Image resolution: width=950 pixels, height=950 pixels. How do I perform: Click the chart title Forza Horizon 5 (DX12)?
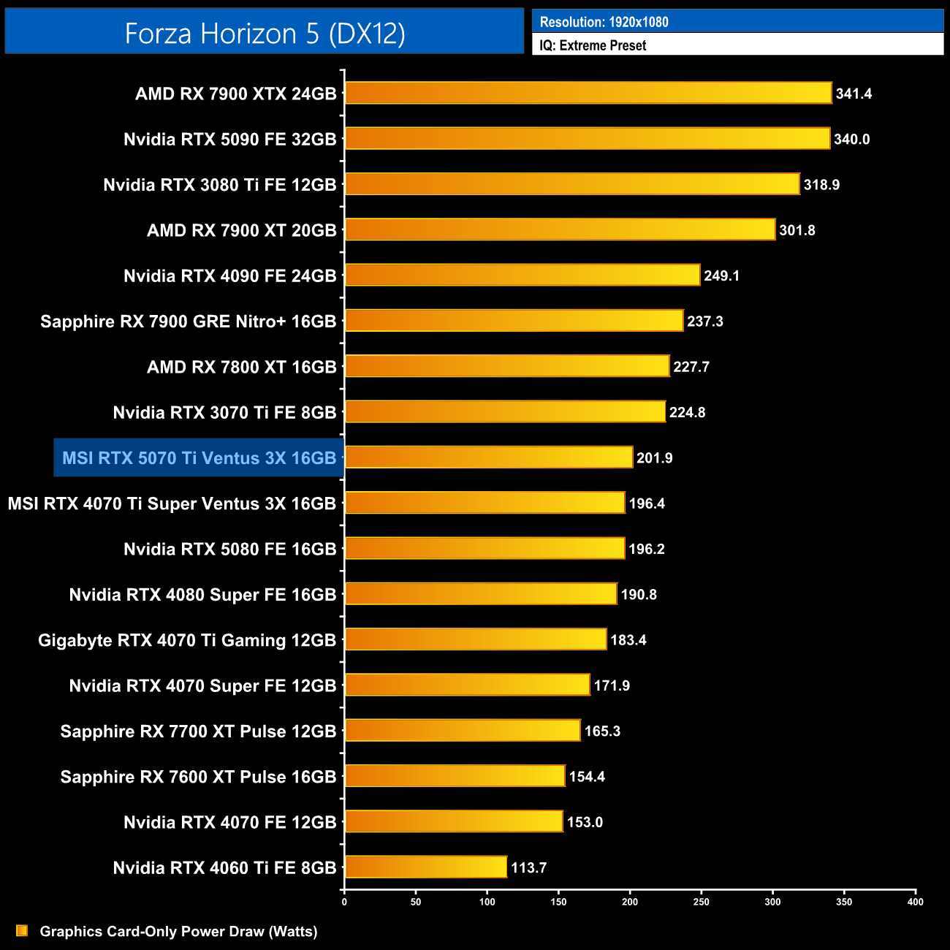click(x=265, y=34)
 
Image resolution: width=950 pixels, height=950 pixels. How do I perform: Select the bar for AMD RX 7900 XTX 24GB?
click(x=588, y=93)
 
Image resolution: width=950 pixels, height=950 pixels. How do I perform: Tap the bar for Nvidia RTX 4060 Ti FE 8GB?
click(x=426, y=867)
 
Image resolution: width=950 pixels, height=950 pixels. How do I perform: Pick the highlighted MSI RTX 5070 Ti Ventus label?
click(x=199, y=458)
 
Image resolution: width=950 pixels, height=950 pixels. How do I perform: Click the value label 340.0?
click(x=851, y=139)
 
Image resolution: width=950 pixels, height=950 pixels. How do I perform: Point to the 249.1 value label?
click(x=721, y=275)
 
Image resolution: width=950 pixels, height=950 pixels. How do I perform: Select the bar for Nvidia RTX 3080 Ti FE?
click(x=572, y=184)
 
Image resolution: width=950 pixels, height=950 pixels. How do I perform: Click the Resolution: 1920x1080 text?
click(x=604, y=22)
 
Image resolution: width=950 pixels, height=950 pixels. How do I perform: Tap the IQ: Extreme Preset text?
click(x=593, y=45)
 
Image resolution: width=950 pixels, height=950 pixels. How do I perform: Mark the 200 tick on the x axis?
click(x=630, y=902)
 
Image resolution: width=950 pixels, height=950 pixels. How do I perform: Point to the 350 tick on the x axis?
click(x=844, y=902)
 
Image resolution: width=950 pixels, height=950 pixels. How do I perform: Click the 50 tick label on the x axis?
click(x=416, y=902)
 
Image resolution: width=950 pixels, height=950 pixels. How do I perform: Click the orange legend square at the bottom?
click(x=22, y=930)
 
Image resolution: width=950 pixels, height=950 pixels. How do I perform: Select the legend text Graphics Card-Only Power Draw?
click(x=178, y=931)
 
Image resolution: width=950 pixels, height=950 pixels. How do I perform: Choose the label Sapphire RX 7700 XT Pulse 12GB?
click(x=198, y=731)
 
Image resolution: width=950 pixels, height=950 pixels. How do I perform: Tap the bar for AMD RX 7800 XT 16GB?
click(x=507, y=366)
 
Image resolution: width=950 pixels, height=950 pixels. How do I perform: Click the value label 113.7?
click(x=528, y=867)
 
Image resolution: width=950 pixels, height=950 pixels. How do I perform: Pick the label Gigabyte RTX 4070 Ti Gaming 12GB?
click(x=187, y=640)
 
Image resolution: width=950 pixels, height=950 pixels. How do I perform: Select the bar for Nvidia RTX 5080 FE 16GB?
click(x=485, y=548)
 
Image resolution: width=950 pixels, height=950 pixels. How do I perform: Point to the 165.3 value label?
click(x=602, y=731)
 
